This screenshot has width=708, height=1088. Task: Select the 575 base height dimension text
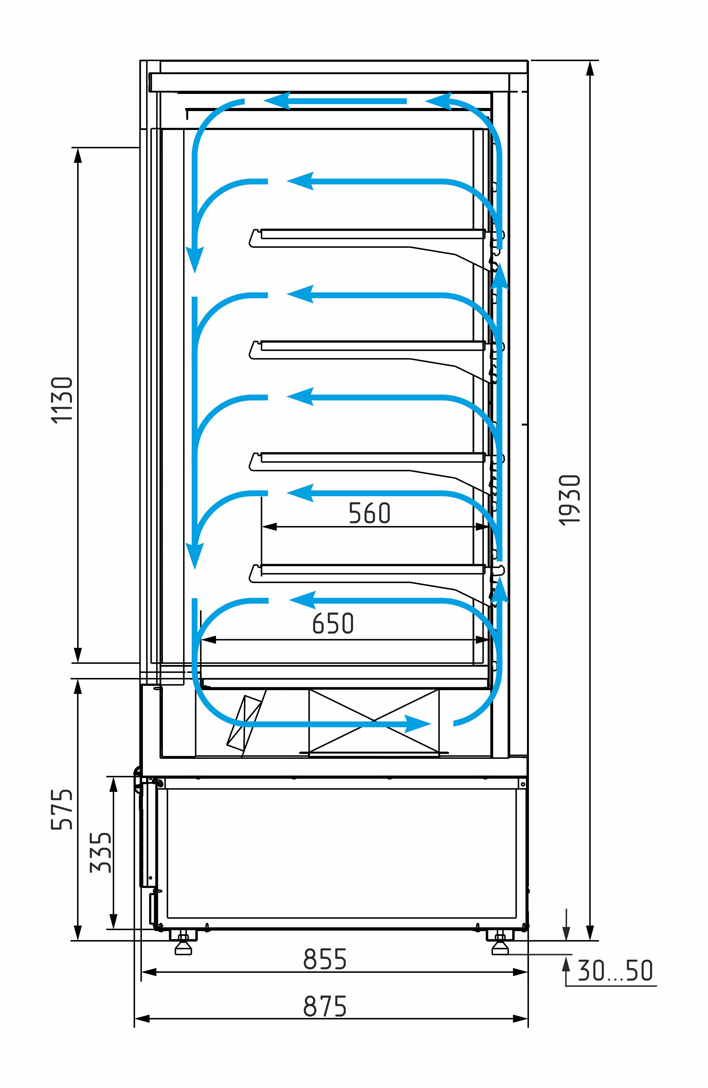point(62,809)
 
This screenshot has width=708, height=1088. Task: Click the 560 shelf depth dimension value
point(369,513)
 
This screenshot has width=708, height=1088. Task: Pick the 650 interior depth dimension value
point(333,623)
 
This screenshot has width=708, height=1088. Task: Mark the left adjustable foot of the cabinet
point(184,943)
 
